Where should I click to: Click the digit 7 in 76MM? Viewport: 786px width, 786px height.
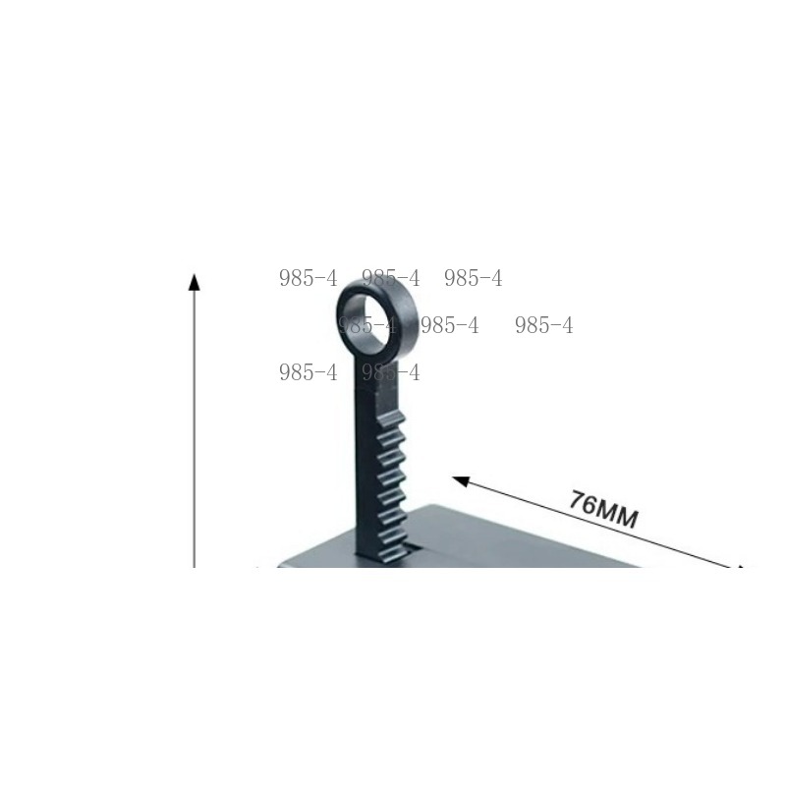[578, 500]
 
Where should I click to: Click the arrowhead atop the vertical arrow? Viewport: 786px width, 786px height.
[194, 282]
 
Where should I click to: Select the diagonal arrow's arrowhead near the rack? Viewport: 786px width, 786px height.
[461, 481]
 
